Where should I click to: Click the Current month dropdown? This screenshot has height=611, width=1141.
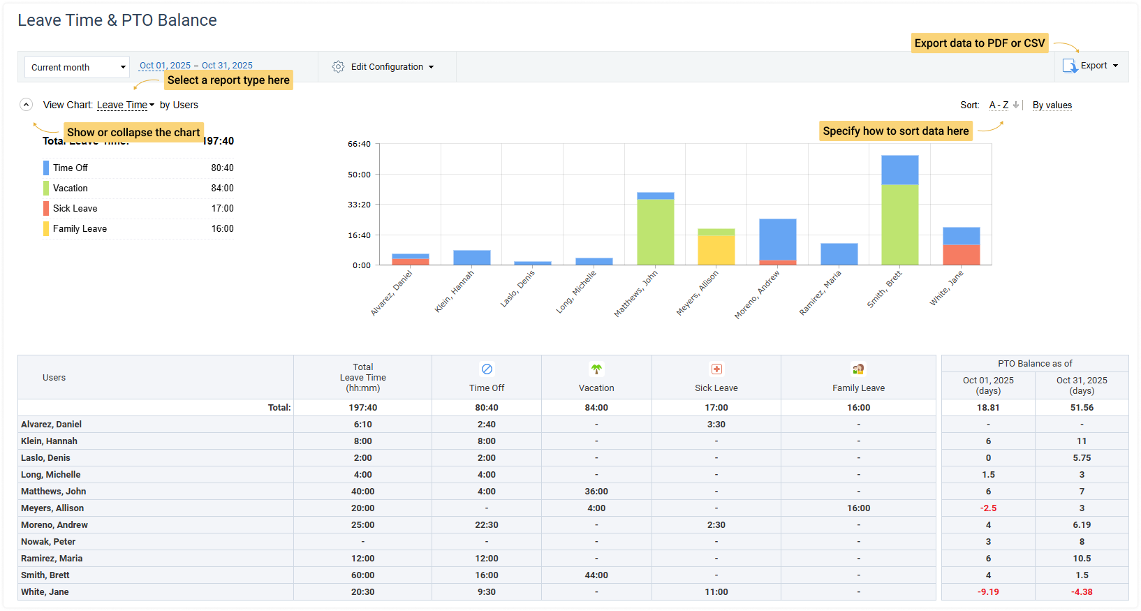[77, 67]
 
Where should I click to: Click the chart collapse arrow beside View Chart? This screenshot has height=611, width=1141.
[26, 105]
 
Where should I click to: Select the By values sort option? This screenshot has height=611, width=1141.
[1052, 105]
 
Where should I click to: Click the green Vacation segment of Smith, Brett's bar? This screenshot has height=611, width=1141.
[899, 224]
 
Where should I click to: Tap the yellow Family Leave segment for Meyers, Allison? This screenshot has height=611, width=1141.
[716, 250]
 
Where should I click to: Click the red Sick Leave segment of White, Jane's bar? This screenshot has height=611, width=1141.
[961, 255]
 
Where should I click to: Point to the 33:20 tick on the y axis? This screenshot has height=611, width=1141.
[359, 205]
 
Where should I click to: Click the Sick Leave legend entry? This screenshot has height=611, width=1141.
[75, 208]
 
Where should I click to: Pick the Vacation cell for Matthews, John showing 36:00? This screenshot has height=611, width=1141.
[596, 492]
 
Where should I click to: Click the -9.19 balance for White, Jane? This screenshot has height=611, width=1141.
[987, 592]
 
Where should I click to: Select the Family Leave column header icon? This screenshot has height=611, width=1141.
[858, 369]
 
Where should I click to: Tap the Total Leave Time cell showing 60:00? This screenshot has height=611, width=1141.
[362, 575]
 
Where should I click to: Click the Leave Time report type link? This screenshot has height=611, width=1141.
[122, 105]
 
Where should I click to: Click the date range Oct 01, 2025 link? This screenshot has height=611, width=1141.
[165, 66]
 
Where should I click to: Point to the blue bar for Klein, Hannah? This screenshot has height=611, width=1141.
[471, 257]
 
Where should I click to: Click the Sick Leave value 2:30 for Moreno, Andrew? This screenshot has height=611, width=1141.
[716, 525]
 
